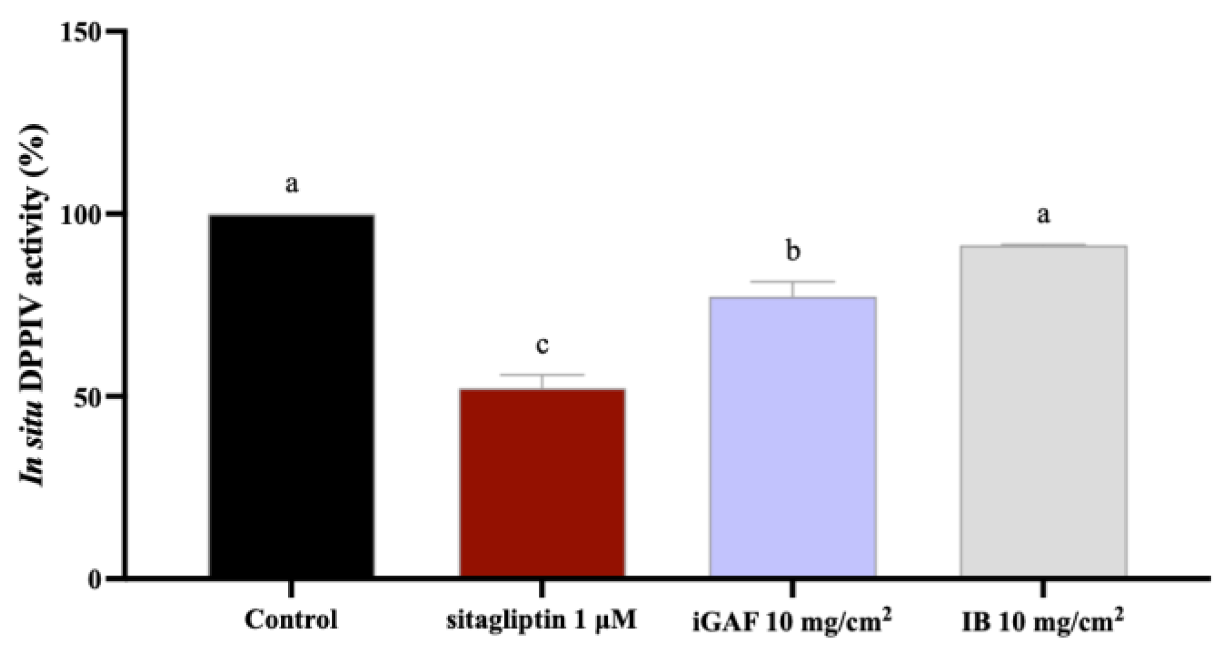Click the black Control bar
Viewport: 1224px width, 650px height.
pos(291,396)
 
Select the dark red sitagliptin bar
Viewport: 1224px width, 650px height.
pos(542,483)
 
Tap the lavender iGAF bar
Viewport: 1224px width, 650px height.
pos(792,437)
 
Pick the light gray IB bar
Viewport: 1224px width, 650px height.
pos(1043,411)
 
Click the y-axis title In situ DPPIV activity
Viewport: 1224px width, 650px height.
pos(33,305)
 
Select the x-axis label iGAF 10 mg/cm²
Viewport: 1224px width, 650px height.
pos(792,622)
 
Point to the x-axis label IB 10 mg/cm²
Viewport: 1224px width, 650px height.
pos(1043,622)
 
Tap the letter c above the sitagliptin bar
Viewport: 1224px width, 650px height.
pos(542,345)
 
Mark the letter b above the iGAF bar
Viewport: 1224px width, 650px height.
pos(793,250)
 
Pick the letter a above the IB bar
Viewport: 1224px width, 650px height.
pos(1043,215)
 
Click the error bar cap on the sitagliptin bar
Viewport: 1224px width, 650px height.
pos(542,375)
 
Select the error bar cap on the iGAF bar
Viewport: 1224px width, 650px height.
pos(792,282)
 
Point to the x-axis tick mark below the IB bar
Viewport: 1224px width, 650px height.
pos(1043,589)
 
